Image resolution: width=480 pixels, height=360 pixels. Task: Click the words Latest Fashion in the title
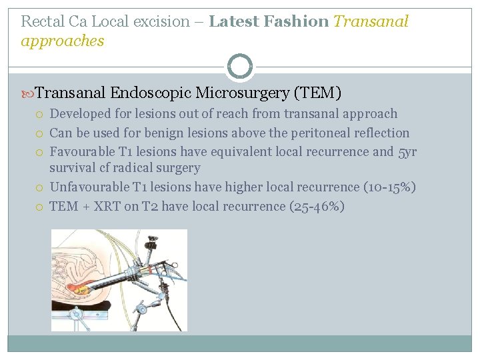point(268,21)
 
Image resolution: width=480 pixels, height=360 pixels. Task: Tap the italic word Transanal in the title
point(371,21)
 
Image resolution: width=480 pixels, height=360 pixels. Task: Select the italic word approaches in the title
point(63,41)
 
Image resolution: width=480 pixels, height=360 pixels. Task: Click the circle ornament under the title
point(239,67)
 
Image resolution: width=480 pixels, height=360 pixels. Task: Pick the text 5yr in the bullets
point(407,151)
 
